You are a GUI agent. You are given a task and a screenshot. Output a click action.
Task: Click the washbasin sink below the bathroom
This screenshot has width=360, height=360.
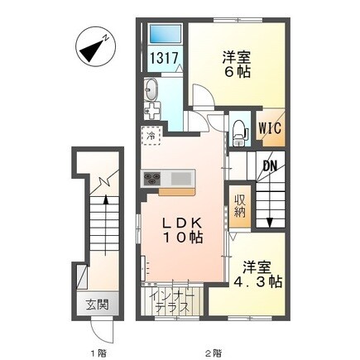click(x=152, y=90)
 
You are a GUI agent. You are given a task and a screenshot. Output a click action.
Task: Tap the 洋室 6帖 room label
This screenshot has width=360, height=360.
click(x=237, y=65)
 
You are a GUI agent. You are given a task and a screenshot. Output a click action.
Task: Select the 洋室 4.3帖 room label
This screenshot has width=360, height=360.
click(x=257, y=275)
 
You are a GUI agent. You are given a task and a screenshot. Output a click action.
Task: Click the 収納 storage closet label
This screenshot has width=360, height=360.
click(x=240, y=204)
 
